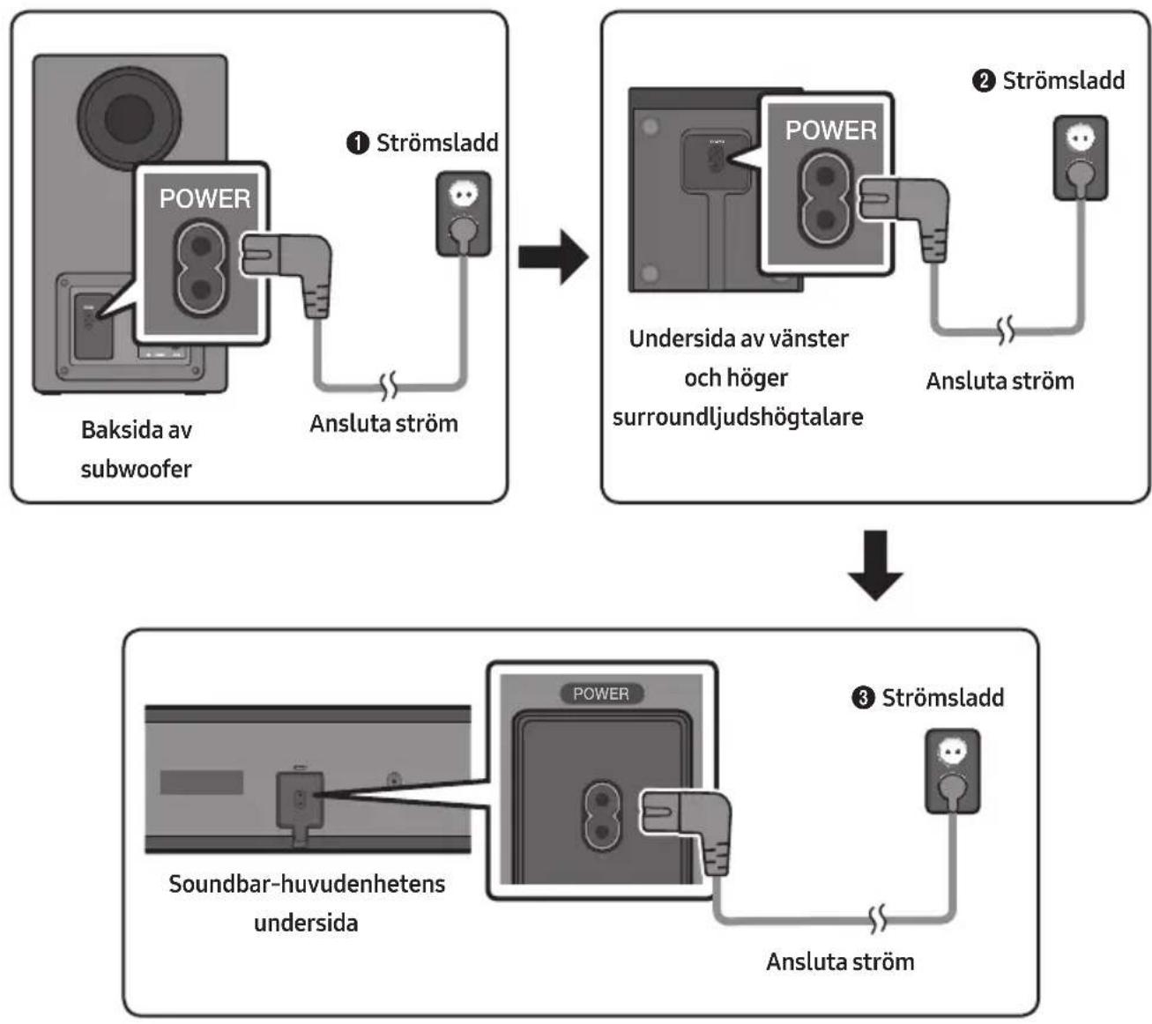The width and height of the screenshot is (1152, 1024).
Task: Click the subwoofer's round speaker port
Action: tap(130, 118)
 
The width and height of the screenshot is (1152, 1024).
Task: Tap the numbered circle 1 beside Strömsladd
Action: tap(358, 143)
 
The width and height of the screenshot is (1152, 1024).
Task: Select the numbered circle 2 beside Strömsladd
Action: tap(984, 81)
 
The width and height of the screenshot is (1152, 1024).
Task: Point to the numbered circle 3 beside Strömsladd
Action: tap(863, 697)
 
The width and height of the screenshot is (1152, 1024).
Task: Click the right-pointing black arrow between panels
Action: tap(553, 257)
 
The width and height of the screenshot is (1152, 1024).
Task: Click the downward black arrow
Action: tap(875, 565)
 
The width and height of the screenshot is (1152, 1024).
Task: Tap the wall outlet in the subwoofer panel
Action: tap(463, 214)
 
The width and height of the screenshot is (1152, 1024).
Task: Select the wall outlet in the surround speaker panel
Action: tap(1081, 158)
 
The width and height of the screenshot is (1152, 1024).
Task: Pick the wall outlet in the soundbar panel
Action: tap(953, 771)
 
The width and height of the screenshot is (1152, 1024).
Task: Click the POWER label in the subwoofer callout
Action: tap(204, 198)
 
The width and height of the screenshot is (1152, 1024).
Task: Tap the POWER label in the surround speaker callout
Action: tap(831, 130)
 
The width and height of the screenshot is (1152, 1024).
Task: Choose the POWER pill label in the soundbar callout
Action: tap(601, 693)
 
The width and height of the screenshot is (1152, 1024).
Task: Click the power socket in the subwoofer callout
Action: tap(200, 268)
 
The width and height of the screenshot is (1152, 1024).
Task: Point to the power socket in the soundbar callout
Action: tap(602, 816)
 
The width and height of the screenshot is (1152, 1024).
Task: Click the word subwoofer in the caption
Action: tap(136, 469)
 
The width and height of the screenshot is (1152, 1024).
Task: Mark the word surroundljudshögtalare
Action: tap(738, 418)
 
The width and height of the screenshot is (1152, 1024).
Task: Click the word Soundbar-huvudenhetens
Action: tap(307, 884)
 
